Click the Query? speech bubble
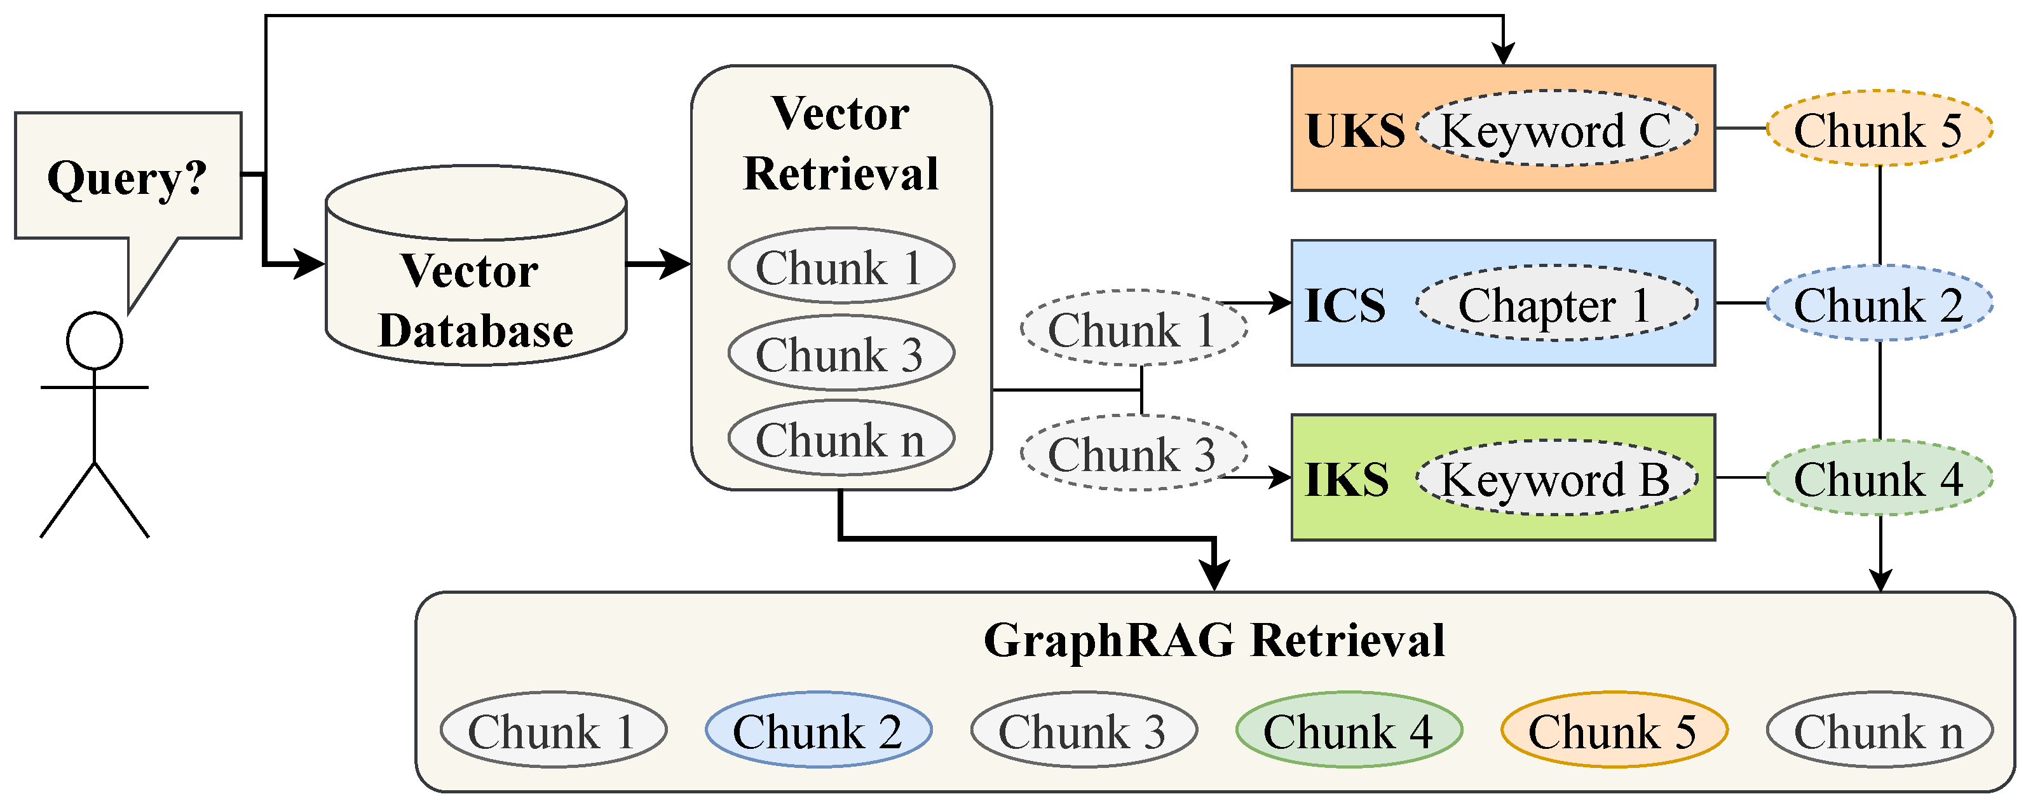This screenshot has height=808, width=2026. tap(127, 176)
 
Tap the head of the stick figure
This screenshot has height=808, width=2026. tap(95, 341)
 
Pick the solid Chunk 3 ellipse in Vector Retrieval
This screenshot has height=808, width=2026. tap(841, 353)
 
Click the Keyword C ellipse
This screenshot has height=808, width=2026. tap(1556, 129)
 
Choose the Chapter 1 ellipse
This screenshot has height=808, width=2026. tap(1556, 304)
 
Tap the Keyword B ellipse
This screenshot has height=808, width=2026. tap(1556, 478)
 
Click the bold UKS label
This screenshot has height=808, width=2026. tap(1355, 130)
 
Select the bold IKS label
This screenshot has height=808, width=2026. tap(1347, 479)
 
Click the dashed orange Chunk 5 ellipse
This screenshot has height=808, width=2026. tap(1879, 129)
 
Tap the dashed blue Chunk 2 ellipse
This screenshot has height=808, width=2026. tap(1879, 304)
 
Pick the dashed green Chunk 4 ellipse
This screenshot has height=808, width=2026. tap(1879, 478)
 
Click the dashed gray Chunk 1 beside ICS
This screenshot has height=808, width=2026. tap(1132, 329)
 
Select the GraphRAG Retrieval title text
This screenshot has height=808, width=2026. tap(1214, 640)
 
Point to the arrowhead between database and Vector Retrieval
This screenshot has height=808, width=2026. tap(675, 264)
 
